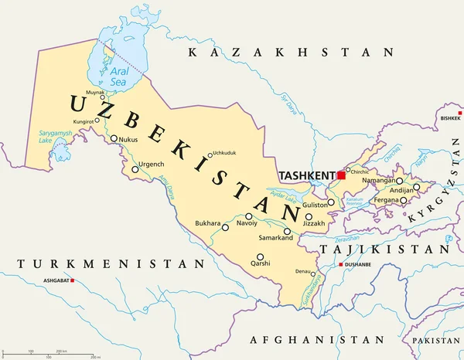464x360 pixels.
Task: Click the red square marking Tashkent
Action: coord(341,176)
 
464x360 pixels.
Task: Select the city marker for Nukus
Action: coord(114,140)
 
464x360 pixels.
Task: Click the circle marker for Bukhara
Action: coord(225,227)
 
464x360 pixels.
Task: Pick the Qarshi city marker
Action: coord(261,257)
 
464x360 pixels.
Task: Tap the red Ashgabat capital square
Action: coord(73,280)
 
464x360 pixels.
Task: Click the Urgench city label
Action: coord(151,164)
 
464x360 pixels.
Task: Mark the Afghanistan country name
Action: coord(317,339)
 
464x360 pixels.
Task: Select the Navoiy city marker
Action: coord(248,216)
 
